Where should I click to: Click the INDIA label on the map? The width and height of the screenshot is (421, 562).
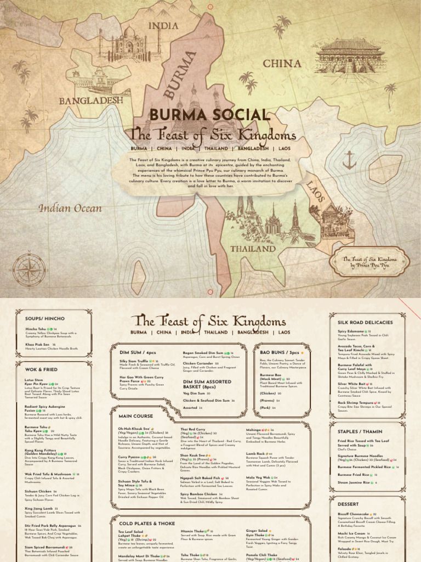[x=163, y=26]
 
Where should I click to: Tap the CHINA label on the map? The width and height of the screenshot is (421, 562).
[x=282, y=64]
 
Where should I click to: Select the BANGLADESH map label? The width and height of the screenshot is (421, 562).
[x=91, y=100]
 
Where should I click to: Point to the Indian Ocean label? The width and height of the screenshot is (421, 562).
[x=70, y=209]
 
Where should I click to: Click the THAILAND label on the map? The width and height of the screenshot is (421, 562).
[x=253, y=249]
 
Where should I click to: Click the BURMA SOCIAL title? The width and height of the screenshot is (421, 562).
[x=210, y=115]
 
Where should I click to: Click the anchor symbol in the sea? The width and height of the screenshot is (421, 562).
[x=349, y=160]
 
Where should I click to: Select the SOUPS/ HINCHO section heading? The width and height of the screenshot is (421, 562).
[x=42, y=318]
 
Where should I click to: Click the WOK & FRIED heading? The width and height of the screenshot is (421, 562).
[x=41, y=369]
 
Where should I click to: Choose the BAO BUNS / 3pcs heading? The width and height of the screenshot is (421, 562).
[x=280, y=351]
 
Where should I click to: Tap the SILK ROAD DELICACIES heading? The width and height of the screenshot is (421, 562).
[x=365, y=322]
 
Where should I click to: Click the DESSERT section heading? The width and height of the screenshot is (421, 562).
[x=348, y=504]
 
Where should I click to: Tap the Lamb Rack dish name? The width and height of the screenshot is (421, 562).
[x=255, y=454]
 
